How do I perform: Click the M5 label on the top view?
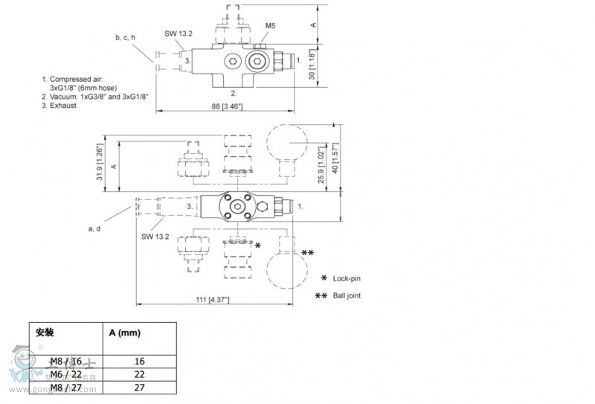pyautogui.click(x=271, y=26)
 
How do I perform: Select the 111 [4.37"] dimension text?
pyautogui.click(x=212, y=299)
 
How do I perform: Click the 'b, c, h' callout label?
pyautogui.click(x=126, y=37)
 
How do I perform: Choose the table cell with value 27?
pyautogui.click(x=138, y=388)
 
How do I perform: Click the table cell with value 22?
pyautogui.click(x=138, y=374)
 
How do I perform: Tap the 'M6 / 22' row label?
pyautogui.click(x=66, y=374)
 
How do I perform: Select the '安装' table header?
pyautogui.click(x=45, y=333)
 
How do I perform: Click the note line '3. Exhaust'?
pyautogui.click(x=59, y=105)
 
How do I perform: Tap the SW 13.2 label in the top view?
pyautogui.click(x=178, y=33)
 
